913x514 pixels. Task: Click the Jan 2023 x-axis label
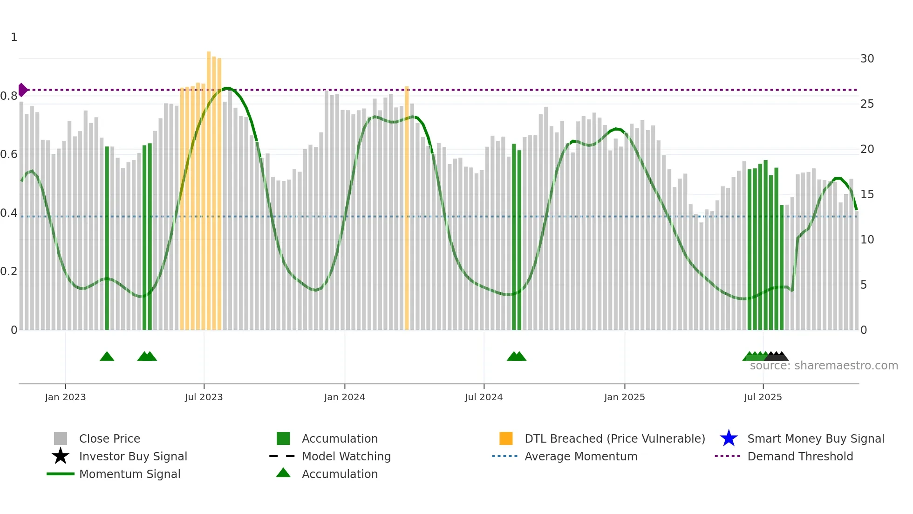[x=65, y=397]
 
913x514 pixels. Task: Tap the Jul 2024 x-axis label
[x=484, y=397]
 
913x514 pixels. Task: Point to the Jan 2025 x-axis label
[x=624, y=397]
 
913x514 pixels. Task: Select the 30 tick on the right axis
[x=867, y=59]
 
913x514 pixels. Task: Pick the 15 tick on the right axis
[x=867, y=194]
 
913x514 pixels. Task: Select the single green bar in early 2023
[x=107, y=238]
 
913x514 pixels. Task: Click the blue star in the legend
[x=729, y=438]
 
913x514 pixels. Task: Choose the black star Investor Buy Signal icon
[x=61, y=456]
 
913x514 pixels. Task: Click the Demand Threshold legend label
[x=800, y=456]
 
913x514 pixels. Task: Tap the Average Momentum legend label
[x=580, y=456]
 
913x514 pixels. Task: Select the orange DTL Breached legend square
[x=506, y=438]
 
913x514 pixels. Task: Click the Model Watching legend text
[x=346, y=456]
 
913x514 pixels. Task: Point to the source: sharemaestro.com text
[x=824, y=366]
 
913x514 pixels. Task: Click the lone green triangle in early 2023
[x=107, y=357]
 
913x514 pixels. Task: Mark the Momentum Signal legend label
[x=129, y=474]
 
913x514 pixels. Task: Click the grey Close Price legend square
[x=61, y=438]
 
